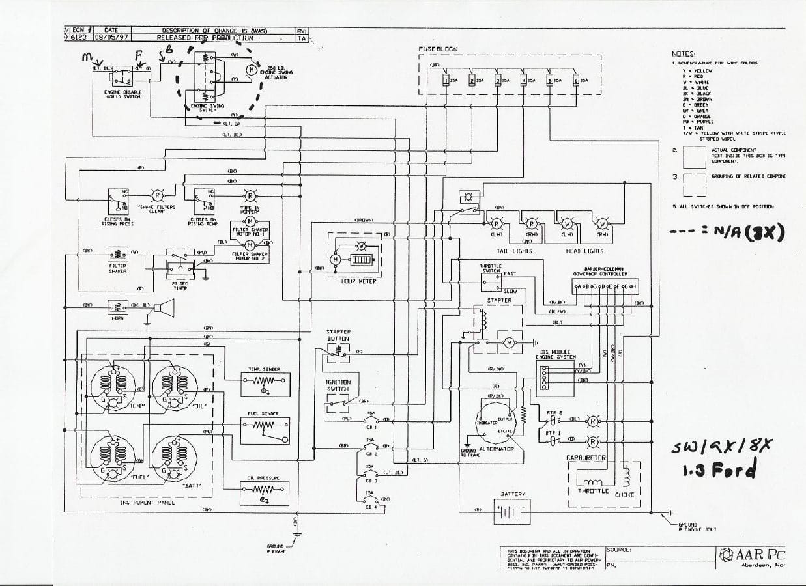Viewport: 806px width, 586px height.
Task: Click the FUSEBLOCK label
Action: coord(438,49)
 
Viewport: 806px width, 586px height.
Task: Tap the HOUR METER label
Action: coord(358,281)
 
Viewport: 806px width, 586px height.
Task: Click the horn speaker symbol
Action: coord(167,307)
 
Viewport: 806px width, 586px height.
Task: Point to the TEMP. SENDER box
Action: coord(265,384)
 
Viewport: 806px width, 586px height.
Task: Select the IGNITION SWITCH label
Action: coord(338,385)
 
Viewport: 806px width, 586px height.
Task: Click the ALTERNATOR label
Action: coord(496,449)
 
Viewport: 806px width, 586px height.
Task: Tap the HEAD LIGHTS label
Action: coord(584,251)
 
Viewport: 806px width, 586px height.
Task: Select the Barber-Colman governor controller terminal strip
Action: coord(604,287)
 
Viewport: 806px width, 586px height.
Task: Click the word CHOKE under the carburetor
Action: coord(624,494)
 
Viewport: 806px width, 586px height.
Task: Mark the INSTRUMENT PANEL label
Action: coord(147,503)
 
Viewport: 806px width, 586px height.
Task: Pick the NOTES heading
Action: coord(684,54)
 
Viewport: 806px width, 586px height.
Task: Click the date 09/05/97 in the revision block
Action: coord(111,38)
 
